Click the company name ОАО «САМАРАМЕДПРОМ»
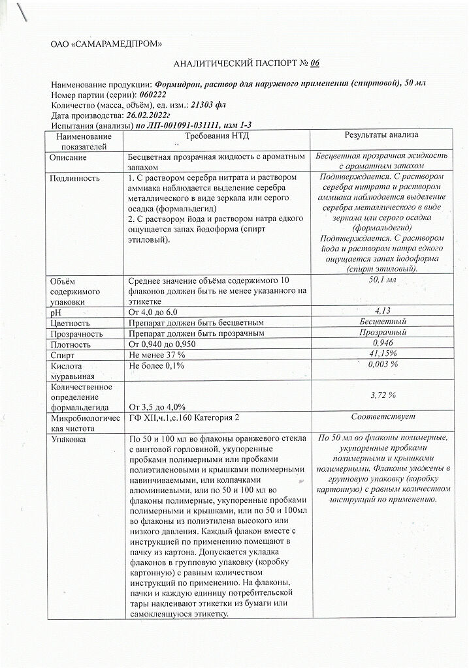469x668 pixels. (106, 44)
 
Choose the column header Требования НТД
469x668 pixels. (218, 135)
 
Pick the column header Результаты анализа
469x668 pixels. (381, 134)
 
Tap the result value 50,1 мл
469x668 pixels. (383, 279)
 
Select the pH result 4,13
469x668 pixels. (382, 311)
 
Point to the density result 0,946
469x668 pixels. (382, 343)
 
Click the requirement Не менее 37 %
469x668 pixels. (157, 354)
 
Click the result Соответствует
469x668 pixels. (383, 417)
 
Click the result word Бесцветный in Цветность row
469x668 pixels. (383, 322)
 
